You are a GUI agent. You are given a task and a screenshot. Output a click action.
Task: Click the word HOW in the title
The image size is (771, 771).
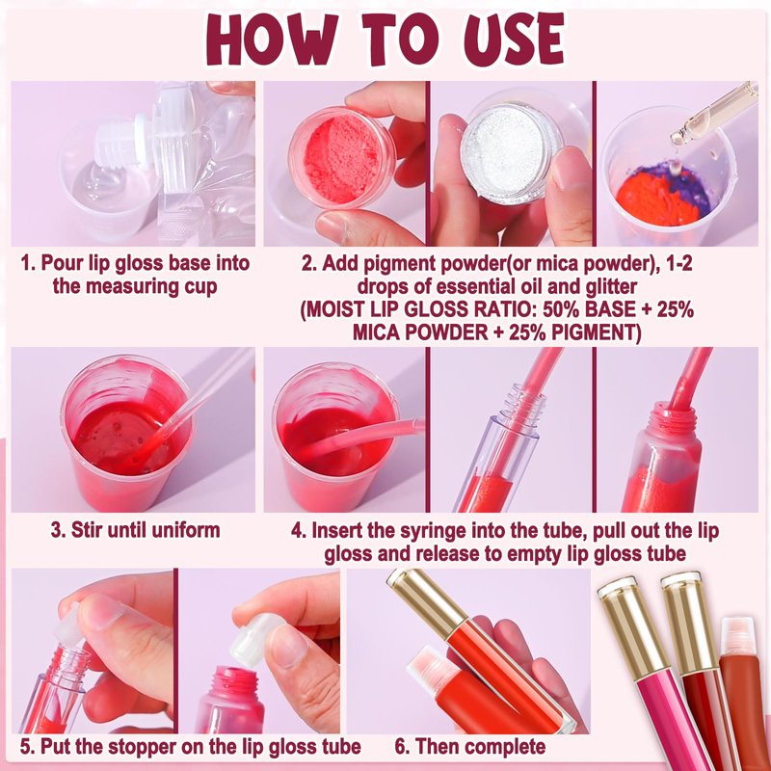click(272, 40)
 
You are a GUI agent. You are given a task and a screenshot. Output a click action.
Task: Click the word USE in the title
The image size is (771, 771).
click(515, 40)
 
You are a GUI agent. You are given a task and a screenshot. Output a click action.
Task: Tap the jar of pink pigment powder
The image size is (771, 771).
click(342, 157)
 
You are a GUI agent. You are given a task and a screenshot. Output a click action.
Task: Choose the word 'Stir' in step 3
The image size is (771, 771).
click(88, 529)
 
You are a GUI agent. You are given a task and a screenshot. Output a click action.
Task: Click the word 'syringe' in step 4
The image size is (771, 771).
click(430, 532)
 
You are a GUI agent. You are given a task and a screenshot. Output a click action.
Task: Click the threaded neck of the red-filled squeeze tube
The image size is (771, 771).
click(676, 418)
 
